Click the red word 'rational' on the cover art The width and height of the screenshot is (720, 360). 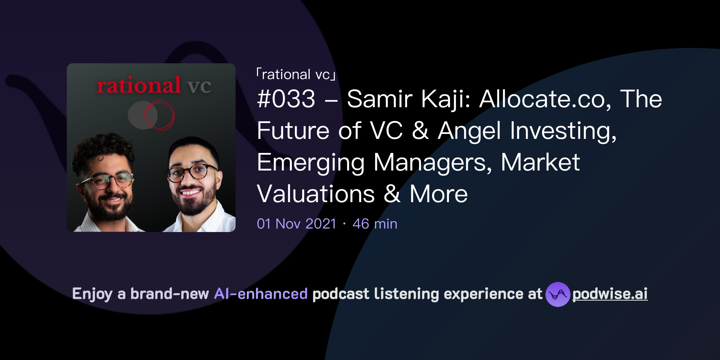point(139,85)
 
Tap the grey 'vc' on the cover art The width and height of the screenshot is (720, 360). point(199,86)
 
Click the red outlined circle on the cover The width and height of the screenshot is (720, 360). point(160,115)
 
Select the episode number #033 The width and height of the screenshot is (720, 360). point(286,99)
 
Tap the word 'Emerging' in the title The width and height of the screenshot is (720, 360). point(311,162)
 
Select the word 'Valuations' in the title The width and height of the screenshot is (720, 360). point(316,194)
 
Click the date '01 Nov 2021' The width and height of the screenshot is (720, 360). point(296,224)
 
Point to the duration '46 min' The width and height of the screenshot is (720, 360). point(375,224)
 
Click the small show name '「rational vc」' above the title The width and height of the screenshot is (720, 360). point(296,75)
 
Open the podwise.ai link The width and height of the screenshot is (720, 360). point(610,294)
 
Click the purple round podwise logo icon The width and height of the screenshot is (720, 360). point(558,294)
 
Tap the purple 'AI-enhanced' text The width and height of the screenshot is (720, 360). point(261,294)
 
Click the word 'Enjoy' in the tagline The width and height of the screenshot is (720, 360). point(92,294)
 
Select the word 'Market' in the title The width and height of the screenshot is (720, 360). point(540,162)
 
